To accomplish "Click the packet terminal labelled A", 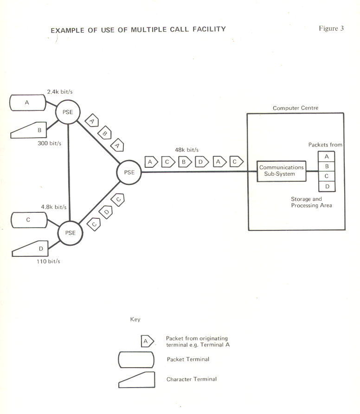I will (27, 103).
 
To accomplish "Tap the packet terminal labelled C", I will (28, 220).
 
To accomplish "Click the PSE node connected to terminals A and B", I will (68, 112).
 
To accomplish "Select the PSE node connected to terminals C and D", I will (70, 232).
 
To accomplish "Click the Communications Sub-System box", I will (281, 171).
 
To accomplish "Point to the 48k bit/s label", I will (186, 150).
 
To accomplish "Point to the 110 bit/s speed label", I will (48, 261).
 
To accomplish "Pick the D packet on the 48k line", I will (202, 162).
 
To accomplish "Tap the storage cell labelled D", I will (327, 186).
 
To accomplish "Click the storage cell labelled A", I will (327, 157).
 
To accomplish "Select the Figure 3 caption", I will (331, 28).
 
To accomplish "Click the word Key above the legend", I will (135, 319).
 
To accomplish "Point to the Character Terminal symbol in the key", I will (137, 379).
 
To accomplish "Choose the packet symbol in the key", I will (148, 341).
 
